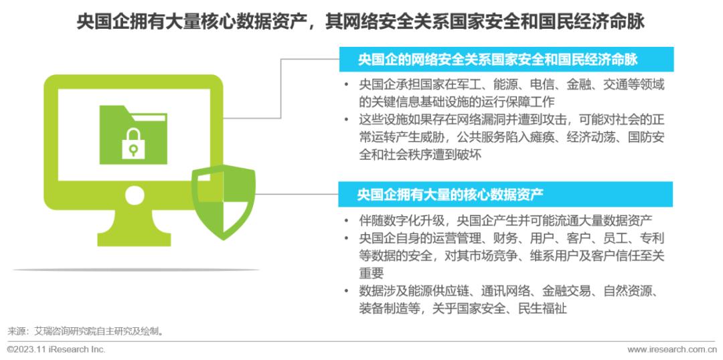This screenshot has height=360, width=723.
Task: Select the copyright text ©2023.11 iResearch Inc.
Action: tap(56, 349)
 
